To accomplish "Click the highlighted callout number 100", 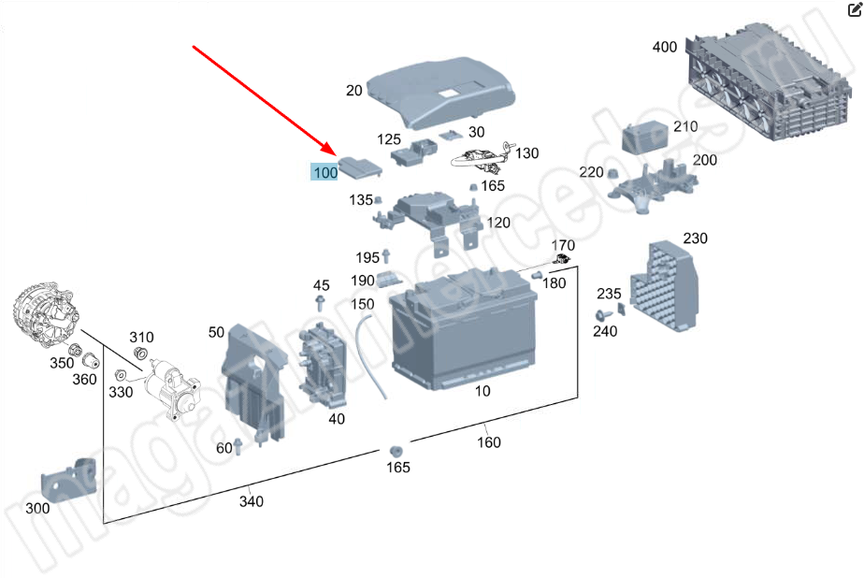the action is click(325, 172).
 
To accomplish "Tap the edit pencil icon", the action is click(854, 9).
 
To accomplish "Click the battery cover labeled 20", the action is click(440, 90).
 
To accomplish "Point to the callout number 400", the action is click(665, 47).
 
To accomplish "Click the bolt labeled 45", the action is click(320, 302).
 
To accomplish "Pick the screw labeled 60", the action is click(238, 446).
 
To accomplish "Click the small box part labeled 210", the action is click(644, 137).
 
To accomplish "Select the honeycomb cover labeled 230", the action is click(665, 285).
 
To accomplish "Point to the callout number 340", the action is click(251, 501).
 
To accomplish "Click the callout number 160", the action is click(489, 441).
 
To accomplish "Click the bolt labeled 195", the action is click(386, 256).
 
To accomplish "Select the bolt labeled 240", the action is click(602, 316).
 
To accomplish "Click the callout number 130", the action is click(526, 152).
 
